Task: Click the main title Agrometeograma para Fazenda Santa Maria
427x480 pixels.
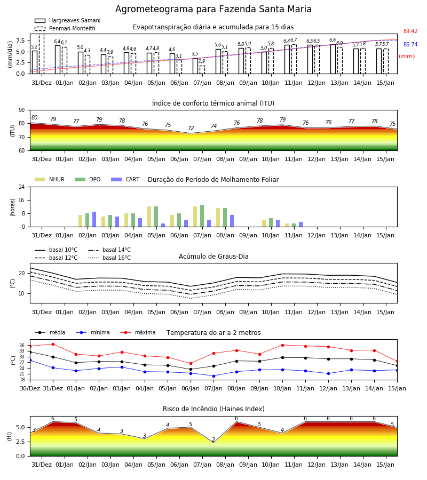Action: [x=213, y=9]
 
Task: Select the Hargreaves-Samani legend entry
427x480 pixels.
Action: [x=68, y=20]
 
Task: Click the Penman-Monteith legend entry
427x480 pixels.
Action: [x=65, y=28]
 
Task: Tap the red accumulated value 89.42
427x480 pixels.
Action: [x=410, y=31]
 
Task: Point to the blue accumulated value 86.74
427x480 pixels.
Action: [x=410, y=44]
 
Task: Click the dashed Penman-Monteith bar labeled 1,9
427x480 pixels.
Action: [x=202, y=70]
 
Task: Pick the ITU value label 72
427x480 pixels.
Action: [x=191, y=128]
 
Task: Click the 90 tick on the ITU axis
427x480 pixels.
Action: [x=21, y=110]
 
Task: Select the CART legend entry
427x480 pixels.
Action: [x=125, y=179]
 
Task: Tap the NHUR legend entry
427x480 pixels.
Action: [x=50, y=179]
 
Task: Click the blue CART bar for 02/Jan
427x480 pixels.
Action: [x=94, y=219]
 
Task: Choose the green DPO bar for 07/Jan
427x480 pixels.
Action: [x=202, y=216]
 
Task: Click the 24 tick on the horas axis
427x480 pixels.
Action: [x=22, y=187]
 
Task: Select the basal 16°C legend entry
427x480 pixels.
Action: [x=109, y=258]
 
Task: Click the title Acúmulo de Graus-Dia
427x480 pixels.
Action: [x=213, y=257]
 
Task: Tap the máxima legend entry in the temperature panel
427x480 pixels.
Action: [x=138, y=332]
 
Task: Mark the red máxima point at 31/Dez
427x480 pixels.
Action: [x=53, y=344]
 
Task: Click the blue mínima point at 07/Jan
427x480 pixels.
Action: [x=214, y=376]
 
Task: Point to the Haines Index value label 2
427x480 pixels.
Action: [x=213, y=439]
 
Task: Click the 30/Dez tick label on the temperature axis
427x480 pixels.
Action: [x=30, y=388]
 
